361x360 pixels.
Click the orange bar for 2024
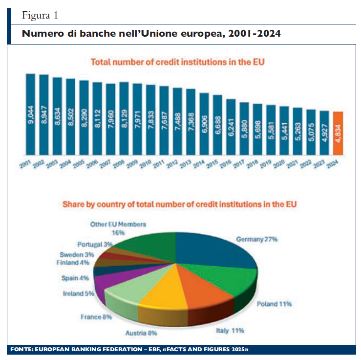[x=338, y=132]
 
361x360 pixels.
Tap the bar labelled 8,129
[x=124, y=117]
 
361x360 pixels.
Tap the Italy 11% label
[x=230, y=331]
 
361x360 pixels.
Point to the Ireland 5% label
[x=79, y=294]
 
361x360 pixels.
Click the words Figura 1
[x=40, y=15]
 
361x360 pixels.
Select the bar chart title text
[x=178, y=62]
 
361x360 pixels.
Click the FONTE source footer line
[x=129, y=350]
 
